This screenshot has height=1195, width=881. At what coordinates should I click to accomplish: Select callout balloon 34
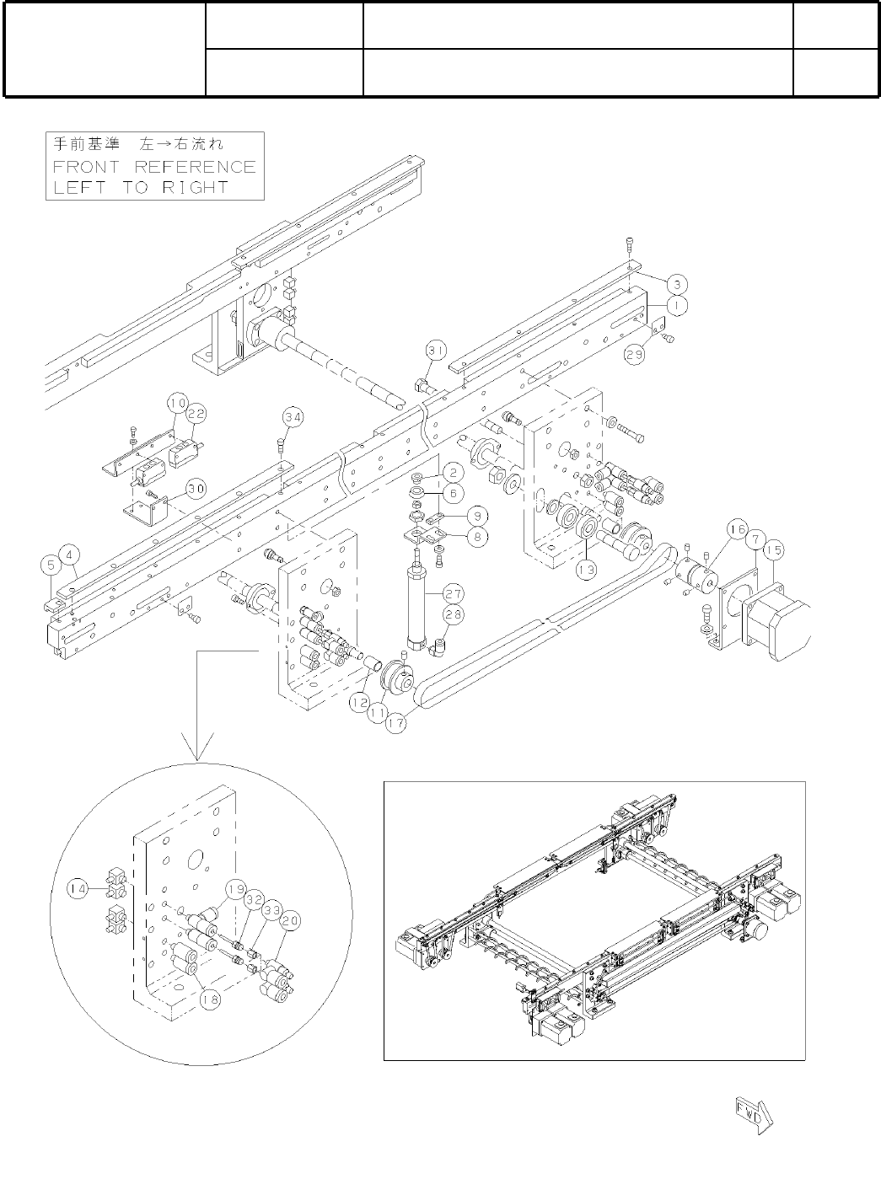(x=293, y=416)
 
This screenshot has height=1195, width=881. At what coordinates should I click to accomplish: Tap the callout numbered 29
(x=633, y=356)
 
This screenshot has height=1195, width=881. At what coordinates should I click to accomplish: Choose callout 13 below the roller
(x=586, y=570)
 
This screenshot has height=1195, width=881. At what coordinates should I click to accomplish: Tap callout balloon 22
(x=196, y=414)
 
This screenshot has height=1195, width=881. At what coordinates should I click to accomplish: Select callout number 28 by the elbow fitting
(x=453, y=615)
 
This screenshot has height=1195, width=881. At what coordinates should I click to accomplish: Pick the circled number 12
(x=360, y=699)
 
